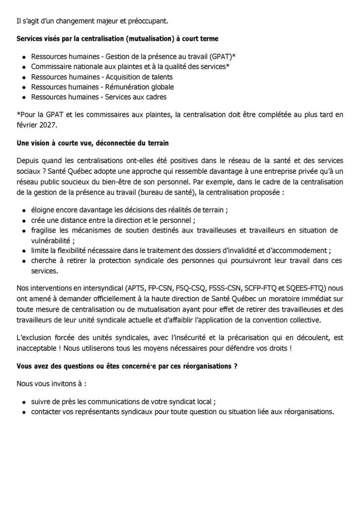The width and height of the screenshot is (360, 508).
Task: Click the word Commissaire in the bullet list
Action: [x=50, y=66]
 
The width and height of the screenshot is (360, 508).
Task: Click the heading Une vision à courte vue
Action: [x=92, y=143]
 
